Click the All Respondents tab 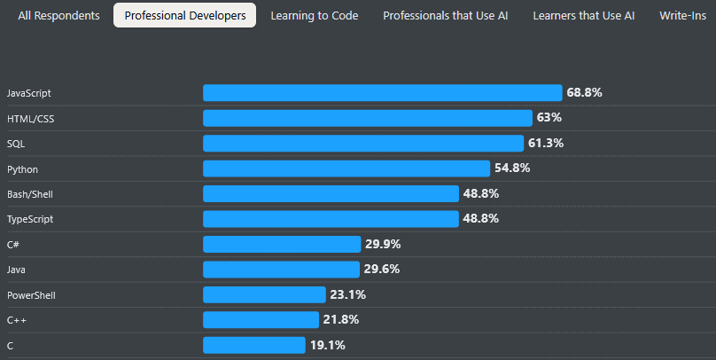[x=58, y=16]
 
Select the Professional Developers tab [x=185, y=16]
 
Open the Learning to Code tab [x=315, y=16]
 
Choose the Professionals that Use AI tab [x=445, y=16]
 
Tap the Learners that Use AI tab [x=584, y=16]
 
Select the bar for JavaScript [x=382, y=93]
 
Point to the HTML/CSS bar [x=368, y=118]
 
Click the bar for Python [x=346, y=168]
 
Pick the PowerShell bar [x=264, y=294]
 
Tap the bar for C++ [x=261, y=320]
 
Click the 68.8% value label [x=584, y=92]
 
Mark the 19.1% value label [x=327, y=345]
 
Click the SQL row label [x=17, y=144]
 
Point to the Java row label [x=16, y=270]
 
